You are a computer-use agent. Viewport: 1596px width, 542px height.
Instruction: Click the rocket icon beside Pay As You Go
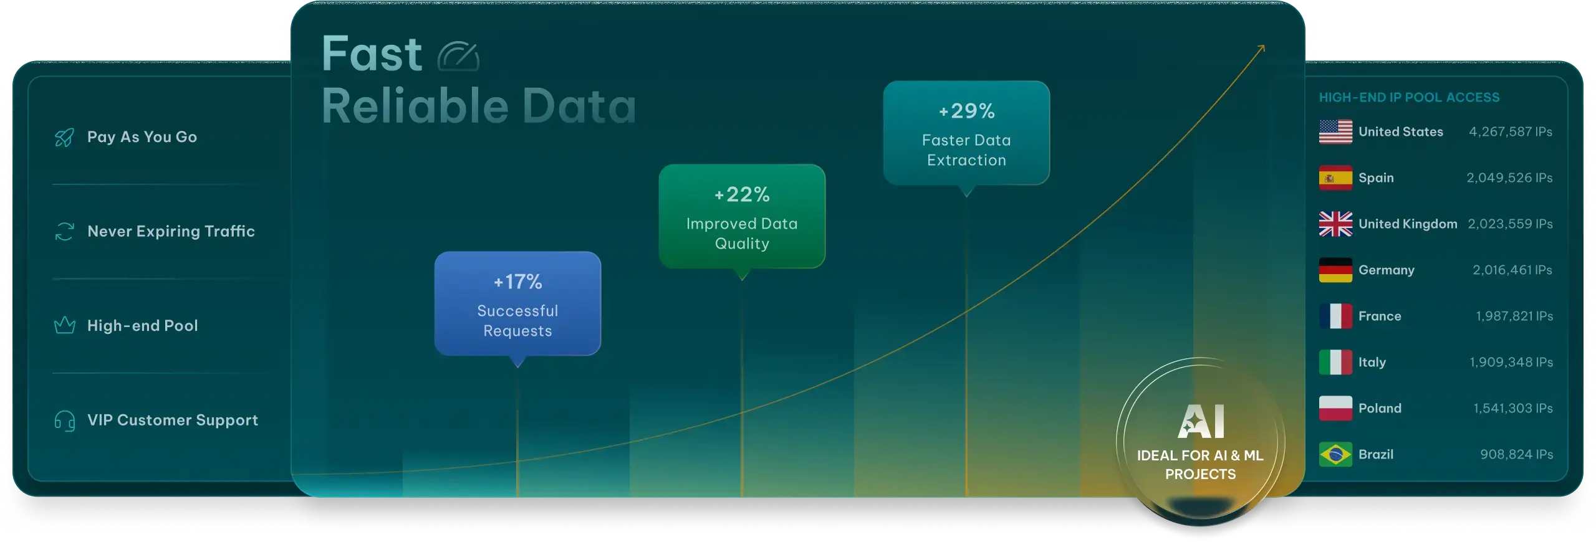pyautogui.click(x=64, y=137)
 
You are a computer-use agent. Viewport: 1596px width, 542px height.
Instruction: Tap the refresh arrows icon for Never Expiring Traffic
pyautogui.click(x=64, y=232)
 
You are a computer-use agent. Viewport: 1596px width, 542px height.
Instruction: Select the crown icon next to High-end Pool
pyautogui.click(x=64, y=325)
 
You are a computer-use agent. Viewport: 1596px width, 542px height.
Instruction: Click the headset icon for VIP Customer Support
pyautogui.click(x=64, y=421)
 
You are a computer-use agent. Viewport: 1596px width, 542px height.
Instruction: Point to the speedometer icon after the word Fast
pyautogui.click(x=458, y=56)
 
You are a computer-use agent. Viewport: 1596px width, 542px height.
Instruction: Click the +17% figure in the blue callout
pyautogui.click(x=517, y=282)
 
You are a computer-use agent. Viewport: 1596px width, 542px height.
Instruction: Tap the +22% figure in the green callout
pyautogui.click(x=742, y=194)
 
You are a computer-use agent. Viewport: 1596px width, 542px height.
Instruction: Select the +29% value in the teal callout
pyautogui.click(x=966, y=111)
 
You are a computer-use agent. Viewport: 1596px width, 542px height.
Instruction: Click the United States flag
pyautogui.click(x=1335, y=131)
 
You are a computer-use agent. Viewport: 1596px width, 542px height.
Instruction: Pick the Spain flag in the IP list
pyautogui.click(x=1335, y=178)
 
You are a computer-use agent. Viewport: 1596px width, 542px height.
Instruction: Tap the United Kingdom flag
pyautogui.click(x=1335, y=224)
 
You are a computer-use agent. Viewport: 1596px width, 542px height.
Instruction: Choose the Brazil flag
pyautogui.click(x=1335, y=454)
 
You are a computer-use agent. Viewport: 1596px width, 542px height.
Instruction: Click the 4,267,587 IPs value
pyautogui.click(x=1511, y=131)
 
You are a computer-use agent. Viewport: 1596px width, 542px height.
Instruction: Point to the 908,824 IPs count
pyautogui.click(x=1516, y=454)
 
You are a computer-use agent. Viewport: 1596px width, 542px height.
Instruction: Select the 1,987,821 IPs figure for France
pyautogui.click(x=1514, y=316)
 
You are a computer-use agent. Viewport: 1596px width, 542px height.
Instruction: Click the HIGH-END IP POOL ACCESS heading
pyautogui.click(x=1409, y=97)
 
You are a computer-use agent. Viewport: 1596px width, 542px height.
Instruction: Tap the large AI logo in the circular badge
pyautogui.click(x=1201, y=421)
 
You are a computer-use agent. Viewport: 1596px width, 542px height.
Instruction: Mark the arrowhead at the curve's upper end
pyautogui.click(x=1262, y=47)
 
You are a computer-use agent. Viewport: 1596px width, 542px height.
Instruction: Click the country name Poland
pyautogui.click(x=1380, y=408)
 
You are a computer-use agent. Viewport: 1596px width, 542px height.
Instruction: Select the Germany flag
pyautogui.click(x=1335, y=270)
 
